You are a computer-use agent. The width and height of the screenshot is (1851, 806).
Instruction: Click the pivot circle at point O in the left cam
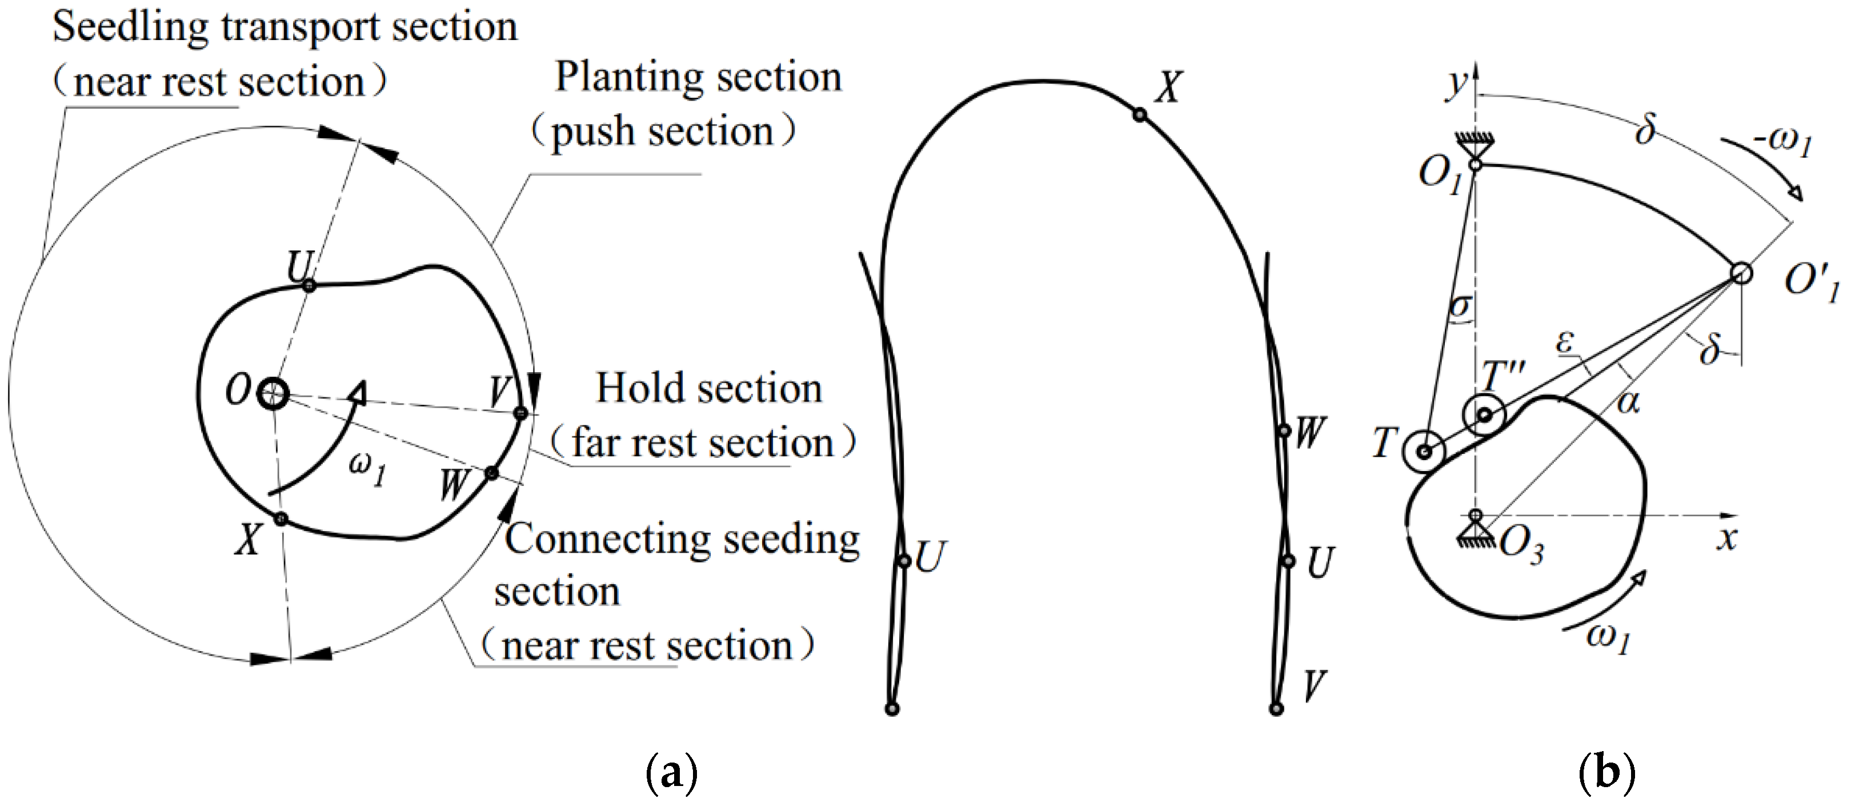click(273, 394)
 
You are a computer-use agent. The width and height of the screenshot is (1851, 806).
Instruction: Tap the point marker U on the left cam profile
click(309, 285)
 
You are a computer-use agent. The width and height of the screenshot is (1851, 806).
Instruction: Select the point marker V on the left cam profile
click(521, 413)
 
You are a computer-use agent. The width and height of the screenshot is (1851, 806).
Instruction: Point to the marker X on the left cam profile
click(281, 518)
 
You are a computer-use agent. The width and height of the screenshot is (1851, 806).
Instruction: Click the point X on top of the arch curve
click(1139, 114)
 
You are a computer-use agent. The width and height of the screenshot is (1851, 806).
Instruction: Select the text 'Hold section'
click(708, 389)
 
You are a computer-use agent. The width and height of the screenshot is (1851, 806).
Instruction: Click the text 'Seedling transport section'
click(285, 27)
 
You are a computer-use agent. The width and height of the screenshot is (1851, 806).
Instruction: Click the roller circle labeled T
click(1424, 452)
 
